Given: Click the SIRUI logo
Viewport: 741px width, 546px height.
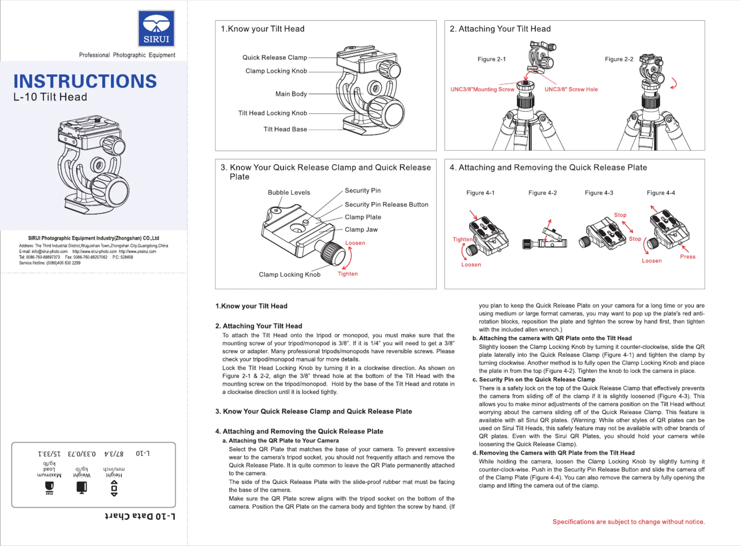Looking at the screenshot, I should point(156,29).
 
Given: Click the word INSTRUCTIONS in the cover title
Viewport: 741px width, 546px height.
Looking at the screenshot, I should point(85,81).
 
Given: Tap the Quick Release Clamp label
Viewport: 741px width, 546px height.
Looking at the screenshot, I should point(275,57).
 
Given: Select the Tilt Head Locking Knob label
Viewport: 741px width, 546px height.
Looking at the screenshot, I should point(272,113).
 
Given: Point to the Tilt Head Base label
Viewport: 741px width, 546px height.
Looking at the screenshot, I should point(285,129).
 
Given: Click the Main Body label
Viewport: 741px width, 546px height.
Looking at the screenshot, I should point(291,94).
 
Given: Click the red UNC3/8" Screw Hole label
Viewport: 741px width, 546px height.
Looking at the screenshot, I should point(571,89).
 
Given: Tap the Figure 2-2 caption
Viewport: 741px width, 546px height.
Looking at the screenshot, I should point(619,59).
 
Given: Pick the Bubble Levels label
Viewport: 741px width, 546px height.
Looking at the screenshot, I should point(289,193).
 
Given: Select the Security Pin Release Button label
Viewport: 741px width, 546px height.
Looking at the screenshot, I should point(386,205).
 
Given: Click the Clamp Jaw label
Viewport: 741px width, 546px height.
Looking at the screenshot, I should point(361,229).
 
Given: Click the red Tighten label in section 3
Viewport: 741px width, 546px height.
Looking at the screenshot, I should point(347,274).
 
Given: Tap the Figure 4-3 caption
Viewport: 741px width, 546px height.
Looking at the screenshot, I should point(599,193).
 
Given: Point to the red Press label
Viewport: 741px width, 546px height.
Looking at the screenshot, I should point(687,257).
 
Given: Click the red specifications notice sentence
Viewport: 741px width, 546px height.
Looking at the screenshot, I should point(629,522).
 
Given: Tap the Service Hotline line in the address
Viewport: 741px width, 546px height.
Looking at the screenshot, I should point(50,263).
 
